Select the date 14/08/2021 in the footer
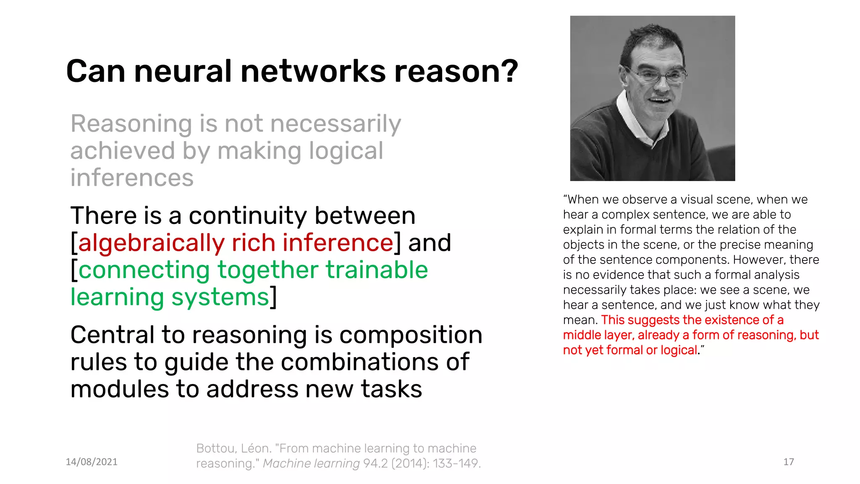[x=92, y=462]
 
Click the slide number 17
[x=789, y=462]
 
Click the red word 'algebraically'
[x=152, y=243]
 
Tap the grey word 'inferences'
[x=132, y=178]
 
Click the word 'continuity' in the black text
[x=248, y=216]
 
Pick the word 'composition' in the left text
[x=411, y=335]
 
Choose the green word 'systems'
[x=220, y=297]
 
